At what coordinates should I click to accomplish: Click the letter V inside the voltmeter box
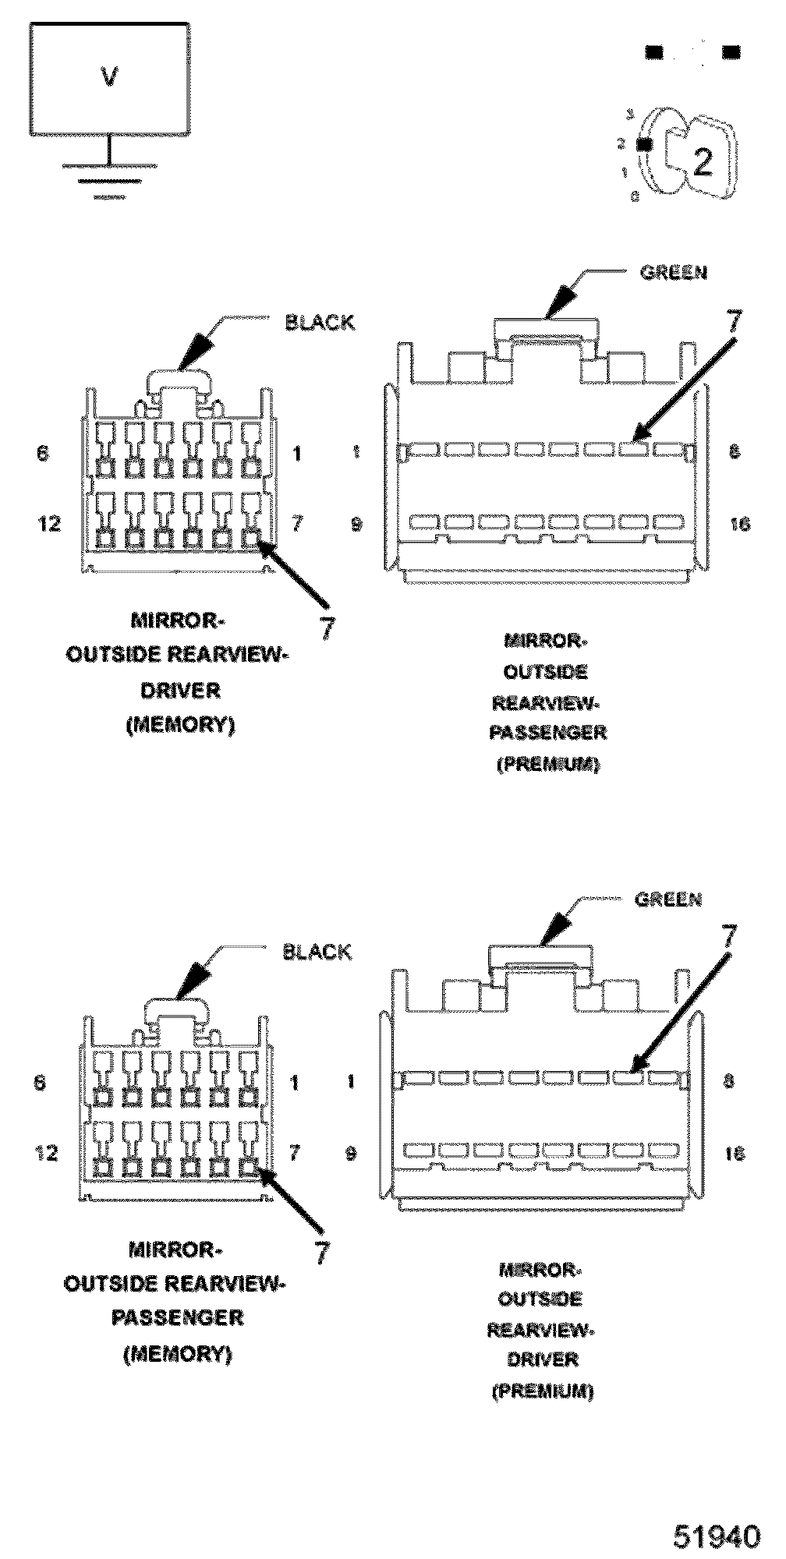tap(110, 77)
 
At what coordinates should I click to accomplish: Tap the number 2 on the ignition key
tap(703, 161)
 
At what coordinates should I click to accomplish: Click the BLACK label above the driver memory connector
tap(320, 323)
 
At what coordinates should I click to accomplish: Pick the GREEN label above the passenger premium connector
tap(673, 272)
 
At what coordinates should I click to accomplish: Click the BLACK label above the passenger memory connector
tap(317, 952)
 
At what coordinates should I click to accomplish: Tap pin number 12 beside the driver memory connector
tap(49, 523)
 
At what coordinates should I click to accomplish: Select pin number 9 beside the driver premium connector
tap(351, 1153)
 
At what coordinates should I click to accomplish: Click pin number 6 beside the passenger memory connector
tap(41, 1082)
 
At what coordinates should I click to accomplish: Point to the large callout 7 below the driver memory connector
tap(327, 627)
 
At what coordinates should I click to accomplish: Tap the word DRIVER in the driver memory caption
tap(180, 690)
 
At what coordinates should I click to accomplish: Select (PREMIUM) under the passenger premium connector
tap(548, 764)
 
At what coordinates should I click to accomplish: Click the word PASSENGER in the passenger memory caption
tap(178, 1317)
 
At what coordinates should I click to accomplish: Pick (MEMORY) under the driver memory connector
tap(180, 724)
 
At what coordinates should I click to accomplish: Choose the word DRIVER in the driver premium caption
tap(542, 1359)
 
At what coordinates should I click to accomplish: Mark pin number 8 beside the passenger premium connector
tap(734, 451)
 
